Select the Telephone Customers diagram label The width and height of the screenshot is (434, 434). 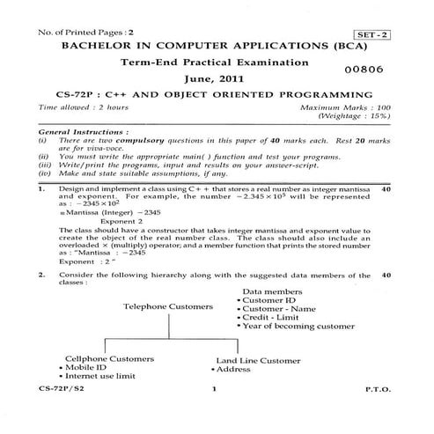point(167,307)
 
